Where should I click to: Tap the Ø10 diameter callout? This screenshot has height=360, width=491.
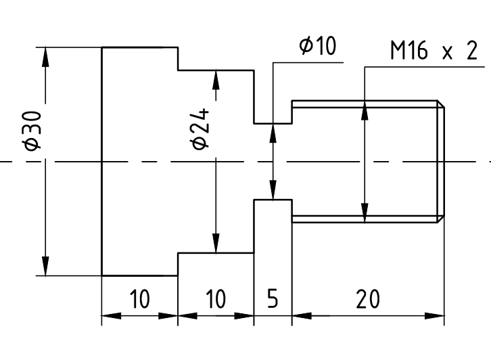point(317,47)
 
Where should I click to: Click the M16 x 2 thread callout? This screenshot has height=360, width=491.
point(433,51)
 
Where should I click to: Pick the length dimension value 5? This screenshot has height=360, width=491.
point(273,298)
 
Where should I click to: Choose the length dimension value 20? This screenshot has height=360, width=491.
point(369,298)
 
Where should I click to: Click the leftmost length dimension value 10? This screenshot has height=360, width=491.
point(139,298)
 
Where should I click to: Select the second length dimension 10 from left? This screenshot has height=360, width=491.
point(215,298)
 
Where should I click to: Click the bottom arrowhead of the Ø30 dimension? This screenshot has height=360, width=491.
point(45,267)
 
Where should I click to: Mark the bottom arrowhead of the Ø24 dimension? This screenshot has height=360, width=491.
point(216,244)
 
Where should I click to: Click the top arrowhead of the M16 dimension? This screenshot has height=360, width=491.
point(365,110)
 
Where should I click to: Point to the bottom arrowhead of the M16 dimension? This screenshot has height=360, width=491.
point(365,213)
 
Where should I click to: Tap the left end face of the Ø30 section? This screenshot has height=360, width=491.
point(102,162)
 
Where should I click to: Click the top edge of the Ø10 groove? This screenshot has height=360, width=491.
point(273,124)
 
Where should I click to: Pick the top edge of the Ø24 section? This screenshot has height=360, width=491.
point(215,69)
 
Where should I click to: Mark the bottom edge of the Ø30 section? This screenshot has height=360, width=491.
point(139,276)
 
